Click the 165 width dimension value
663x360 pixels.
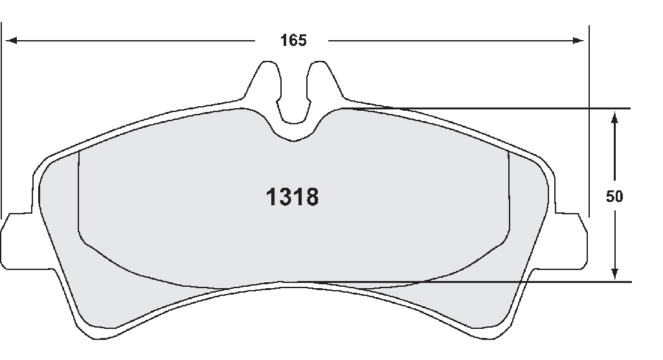tap(293, 41)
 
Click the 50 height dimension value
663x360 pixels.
tap(614, 196)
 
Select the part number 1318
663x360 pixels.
tap(292, 197)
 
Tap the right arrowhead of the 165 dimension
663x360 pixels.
tap(578, 41)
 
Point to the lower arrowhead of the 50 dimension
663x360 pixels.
tap(615, 273)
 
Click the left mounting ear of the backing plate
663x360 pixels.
tap(17, 240)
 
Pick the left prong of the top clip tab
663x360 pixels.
tap(265, 82)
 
